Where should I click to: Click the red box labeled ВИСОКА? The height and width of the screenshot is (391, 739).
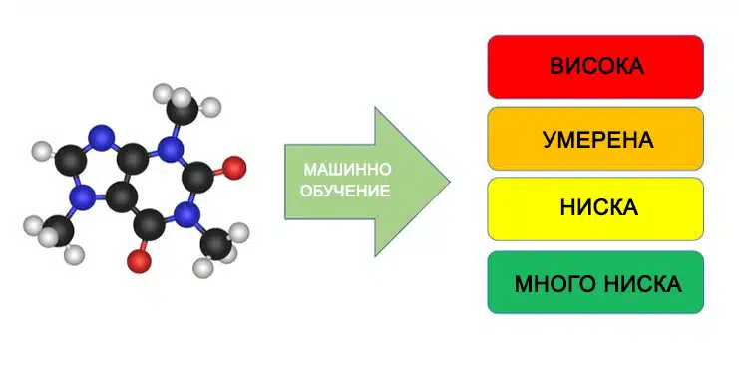(595, 67)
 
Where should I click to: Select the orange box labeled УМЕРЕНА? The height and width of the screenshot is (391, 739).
(595, 139)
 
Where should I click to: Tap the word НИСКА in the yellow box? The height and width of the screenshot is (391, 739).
(599, 208)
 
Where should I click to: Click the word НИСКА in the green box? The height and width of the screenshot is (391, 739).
(643, 284)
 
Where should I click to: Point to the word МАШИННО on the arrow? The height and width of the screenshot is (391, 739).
(347, 169)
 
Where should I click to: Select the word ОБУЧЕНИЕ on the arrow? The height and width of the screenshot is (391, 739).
(345, 191)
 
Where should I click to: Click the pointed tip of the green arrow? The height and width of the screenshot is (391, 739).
(450, 182)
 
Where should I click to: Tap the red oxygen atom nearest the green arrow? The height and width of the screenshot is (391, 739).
(234, 168)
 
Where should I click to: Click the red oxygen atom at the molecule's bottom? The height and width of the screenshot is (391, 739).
(139, 261)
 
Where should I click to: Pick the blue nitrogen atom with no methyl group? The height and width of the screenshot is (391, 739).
(101, 139)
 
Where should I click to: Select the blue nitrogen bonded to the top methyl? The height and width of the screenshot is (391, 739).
(171, 149)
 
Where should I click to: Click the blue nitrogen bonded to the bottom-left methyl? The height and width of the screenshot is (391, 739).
(84, 196)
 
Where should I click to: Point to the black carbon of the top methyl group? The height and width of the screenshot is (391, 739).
(183, 110)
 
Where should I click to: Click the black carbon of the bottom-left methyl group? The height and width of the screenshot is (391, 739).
(59, 230)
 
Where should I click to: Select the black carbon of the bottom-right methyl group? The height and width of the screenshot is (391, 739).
(215, 243)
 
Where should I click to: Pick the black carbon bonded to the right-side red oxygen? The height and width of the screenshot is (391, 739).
(198, 177)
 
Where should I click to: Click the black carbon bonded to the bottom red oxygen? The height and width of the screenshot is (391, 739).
(150, 225)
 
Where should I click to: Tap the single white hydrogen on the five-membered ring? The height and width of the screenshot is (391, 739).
(42, 151)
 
